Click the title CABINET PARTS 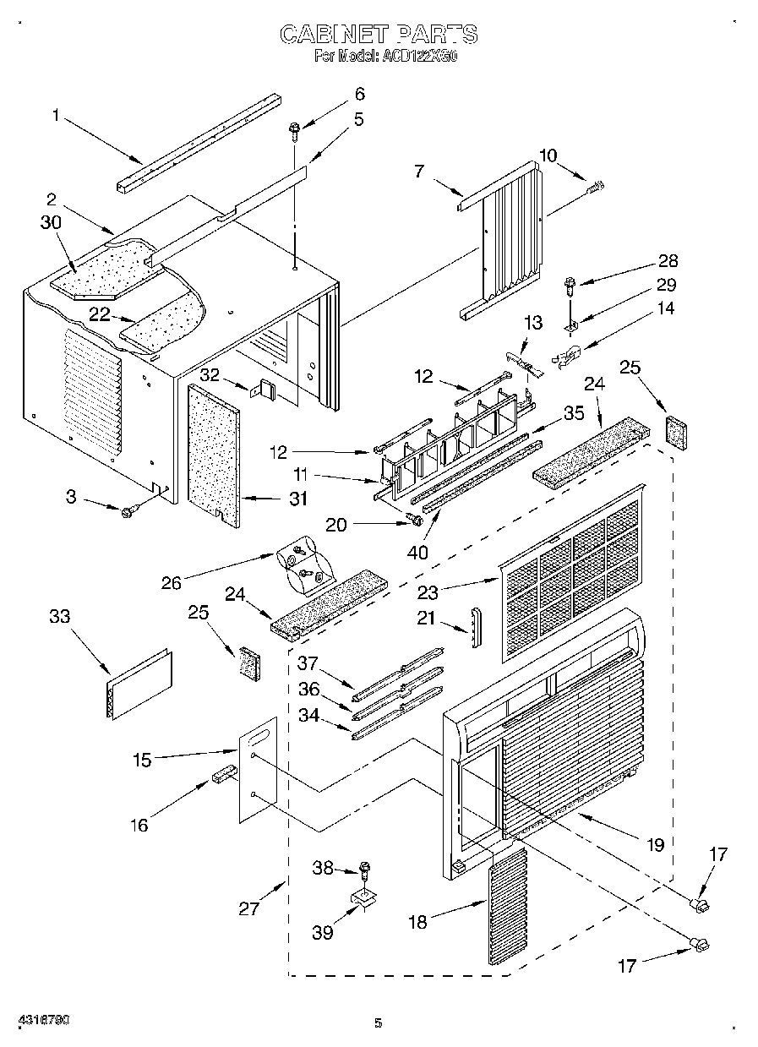[x=378, y=34]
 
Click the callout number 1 [x=56, y=116]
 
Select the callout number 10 [x=548, y=155]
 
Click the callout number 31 [x=297, y=499]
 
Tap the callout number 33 [x=59, y=617]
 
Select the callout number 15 [x=142, y=760]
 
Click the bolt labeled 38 [x=365, y=868]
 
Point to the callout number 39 [x=323, y=932]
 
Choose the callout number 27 [x=248, y=908]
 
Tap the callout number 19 [x=656, y=843]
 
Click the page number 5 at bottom [x=379, y=1024]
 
